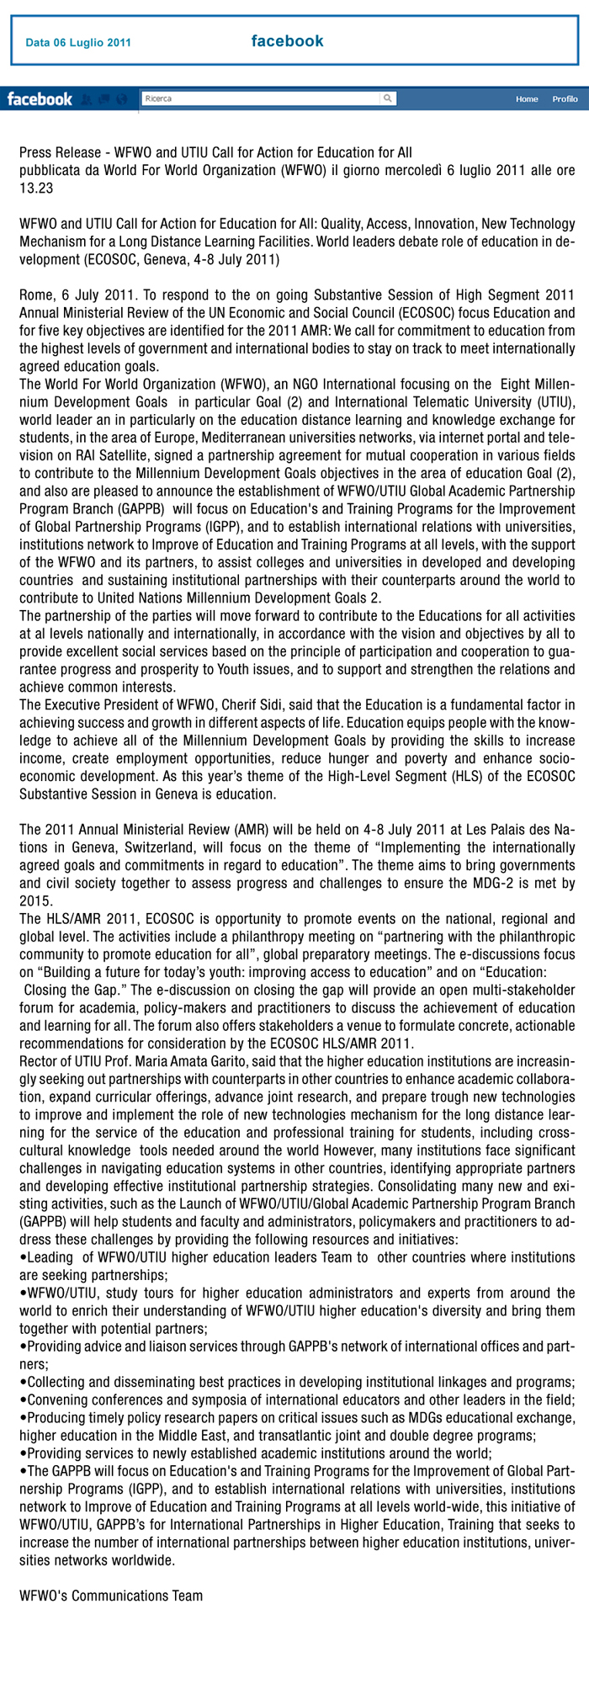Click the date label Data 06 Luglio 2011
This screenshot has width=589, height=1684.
pos(77,43)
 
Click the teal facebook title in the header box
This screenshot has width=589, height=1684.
pos(287,41)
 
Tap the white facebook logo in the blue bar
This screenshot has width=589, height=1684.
pos(40,99)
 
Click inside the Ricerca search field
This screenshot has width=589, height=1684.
pos(261,98)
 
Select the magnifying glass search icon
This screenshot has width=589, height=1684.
pos(387,98)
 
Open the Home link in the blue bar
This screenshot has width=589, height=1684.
pos(527,99)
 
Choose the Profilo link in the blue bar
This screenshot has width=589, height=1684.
pos(565,99)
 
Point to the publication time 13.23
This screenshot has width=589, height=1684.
pos(36,189)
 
